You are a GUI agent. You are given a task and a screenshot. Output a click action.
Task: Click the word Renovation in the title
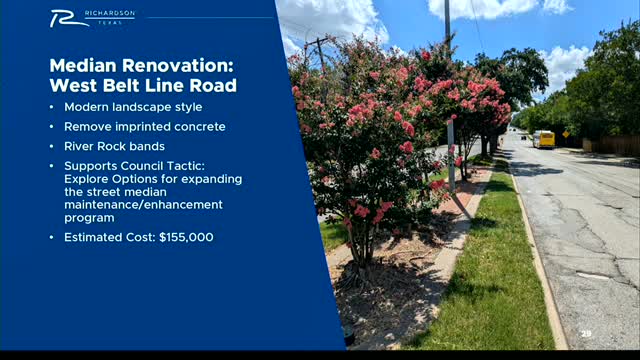[x=177, y=66]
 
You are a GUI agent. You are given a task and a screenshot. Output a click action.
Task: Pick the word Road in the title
[x=214, y=86]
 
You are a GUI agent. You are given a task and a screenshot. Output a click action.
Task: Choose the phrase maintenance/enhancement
[x=143, y=204]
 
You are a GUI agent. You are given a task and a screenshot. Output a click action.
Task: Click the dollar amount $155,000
[x=186, y=237]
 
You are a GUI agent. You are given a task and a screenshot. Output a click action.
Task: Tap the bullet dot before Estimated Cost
[x=53, y=237]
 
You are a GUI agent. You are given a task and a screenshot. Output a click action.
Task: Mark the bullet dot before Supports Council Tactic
[x=53, y=166]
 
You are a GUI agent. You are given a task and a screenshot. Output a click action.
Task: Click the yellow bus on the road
[x=543, y=139]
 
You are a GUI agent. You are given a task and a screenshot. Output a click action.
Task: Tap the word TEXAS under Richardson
[x=122, y=21]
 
